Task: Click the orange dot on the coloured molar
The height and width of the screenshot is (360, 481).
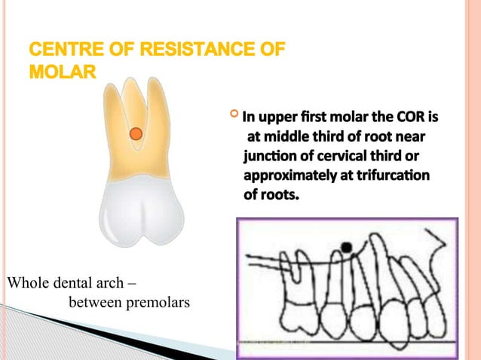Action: (135, 134)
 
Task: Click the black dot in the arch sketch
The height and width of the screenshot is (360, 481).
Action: (347, 246)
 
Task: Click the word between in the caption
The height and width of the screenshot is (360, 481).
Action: (91, 304)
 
